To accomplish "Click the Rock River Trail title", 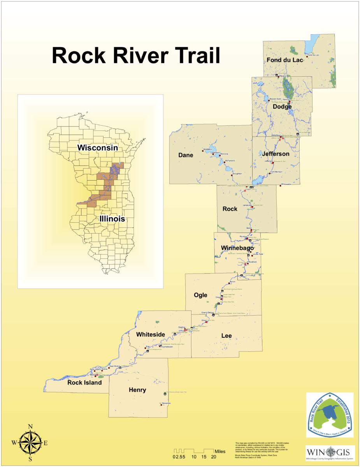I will (x=136, y=56).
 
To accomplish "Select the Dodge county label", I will (x=282, y=107).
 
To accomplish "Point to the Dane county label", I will (x=186, y=155).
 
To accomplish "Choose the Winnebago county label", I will (x=237, y=248).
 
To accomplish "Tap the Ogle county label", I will (x=201, y=295).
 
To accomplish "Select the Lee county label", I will (x=227, y=335).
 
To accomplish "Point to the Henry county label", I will (x=137, y=390).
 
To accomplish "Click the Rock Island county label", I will (x=84, y=383).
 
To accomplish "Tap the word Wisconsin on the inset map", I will (x=97, y=148).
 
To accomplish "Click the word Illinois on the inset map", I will (x=112, y=219).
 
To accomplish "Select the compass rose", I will (x=30, y=442).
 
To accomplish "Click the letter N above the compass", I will (x=30, y=426).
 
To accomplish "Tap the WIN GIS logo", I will (x=330, y=453).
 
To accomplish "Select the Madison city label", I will (x=216, y=153).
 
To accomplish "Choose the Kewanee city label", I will (x=166, y=403).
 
